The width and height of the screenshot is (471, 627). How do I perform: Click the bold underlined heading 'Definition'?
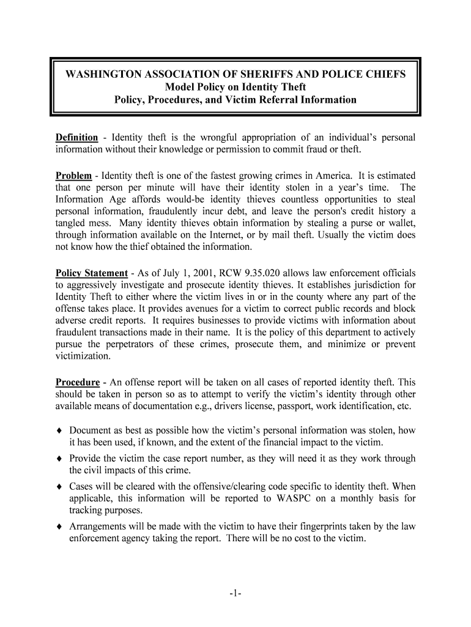pos(76,138)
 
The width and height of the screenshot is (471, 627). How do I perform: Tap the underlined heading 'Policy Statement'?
pos(92,273)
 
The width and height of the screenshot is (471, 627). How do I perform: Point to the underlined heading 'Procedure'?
pos(78,382)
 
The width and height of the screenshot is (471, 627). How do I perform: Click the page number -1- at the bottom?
pos(236,593)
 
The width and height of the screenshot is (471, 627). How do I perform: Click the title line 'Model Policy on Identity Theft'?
pos(236,87)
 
